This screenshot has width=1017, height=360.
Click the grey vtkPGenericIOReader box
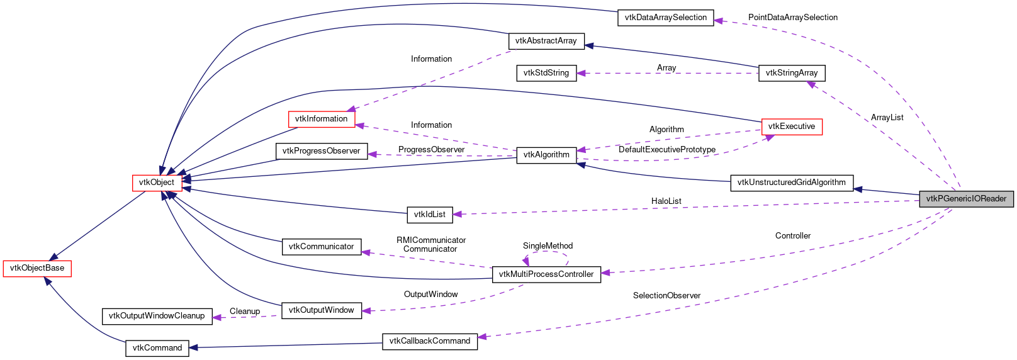[966, 199]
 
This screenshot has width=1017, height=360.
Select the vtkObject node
[157, 183]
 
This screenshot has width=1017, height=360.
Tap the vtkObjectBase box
[37, 268]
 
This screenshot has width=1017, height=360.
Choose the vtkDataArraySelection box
[665, 18]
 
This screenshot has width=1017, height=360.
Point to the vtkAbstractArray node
[546, 41]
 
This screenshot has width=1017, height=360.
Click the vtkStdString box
[546, 73]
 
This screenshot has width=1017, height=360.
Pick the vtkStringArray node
[791, 73]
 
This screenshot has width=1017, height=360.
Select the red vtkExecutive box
[791, 127]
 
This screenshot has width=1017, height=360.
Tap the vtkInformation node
[321, 119]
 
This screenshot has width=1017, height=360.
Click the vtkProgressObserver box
[321, 151]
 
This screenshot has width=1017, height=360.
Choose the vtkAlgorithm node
[546, 155]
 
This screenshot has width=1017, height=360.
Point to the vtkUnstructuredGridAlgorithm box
[791, 183]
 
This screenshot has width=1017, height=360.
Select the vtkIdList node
[429, 215]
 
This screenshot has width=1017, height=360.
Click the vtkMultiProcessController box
[546, 274]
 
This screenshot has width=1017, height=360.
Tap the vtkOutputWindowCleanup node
[157, 316]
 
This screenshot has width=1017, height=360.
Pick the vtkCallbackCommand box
[429, 341]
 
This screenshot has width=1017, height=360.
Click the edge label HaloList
[666, 201]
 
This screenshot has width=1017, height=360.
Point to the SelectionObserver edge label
[666, 296]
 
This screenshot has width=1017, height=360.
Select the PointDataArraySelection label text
[792, 18]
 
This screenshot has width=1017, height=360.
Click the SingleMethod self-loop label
[548, 246]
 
